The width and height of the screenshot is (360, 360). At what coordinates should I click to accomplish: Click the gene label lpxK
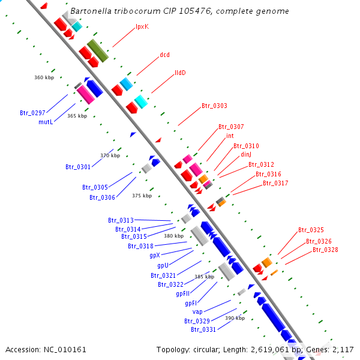click(x=142, y=26)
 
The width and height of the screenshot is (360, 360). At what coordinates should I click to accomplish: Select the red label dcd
click(x=164, y=55)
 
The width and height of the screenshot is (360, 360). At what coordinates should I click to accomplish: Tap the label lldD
click(x=180, y=73)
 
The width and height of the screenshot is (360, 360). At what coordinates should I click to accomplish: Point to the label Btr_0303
click(x=214, y=106)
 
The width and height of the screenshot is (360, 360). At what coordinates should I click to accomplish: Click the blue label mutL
click(x=46, y=122)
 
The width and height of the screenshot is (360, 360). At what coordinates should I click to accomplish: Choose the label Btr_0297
click(x=32, y=113)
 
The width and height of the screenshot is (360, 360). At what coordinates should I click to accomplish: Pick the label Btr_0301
click(x=78, y=167)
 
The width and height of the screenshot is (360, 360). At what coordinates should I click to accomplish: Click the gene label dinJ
click(x=246, y=155)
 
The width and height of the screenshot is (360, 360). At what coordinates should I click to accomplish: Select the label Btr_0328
click(x=324, y=250)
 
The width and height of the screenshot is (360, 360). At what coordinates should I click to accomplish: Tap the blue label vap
click(x=197, y=312)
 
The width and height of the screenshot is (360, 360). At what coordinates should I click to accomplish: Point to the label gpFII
click(x=184, y=294)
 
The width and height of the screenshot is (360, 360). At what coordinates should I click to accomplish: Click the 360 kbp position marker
click(x=44, y=77)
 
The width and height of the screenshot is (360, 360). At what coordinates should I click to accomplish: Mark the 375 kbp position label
click(x=142, y=196)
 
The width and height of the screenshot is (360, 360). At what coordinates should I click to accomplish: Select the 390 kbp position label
click(x=235, y=318)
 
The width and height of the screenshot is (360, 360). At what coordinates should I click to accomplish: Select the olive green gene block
click(x=97, y=51)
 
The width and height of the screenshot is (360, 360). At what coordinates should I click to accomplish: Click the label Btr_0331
click(x=203, y=329)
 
